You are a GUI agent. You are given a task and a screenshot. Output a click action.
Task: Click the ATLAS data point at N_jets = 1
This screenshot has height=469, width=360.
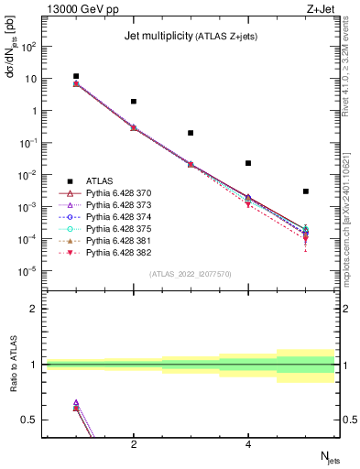point(76,77)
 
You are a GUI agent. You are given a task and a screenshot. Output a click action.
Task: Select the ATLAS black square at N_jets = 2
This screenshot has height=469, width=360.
point(134,102)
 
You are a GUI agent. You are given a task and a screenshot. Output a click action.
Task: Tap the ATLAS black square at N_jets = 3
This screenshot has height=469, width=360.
point(191,133)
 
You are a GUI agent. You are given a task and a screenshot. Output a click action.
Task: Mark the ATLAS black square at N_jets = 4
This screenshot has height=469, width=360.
point(248,163)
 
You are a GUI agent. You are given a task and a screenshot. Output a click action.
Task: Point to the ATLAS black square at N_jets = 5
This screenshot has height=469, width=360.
point(306,191)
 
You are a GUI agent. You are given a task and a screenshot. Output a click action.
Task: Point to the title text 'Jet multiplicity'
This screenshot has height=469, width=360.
point(157,37)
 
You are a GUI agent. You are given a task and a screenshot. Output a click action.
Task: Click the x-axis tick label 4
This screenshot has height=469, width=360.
point(248,444)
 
